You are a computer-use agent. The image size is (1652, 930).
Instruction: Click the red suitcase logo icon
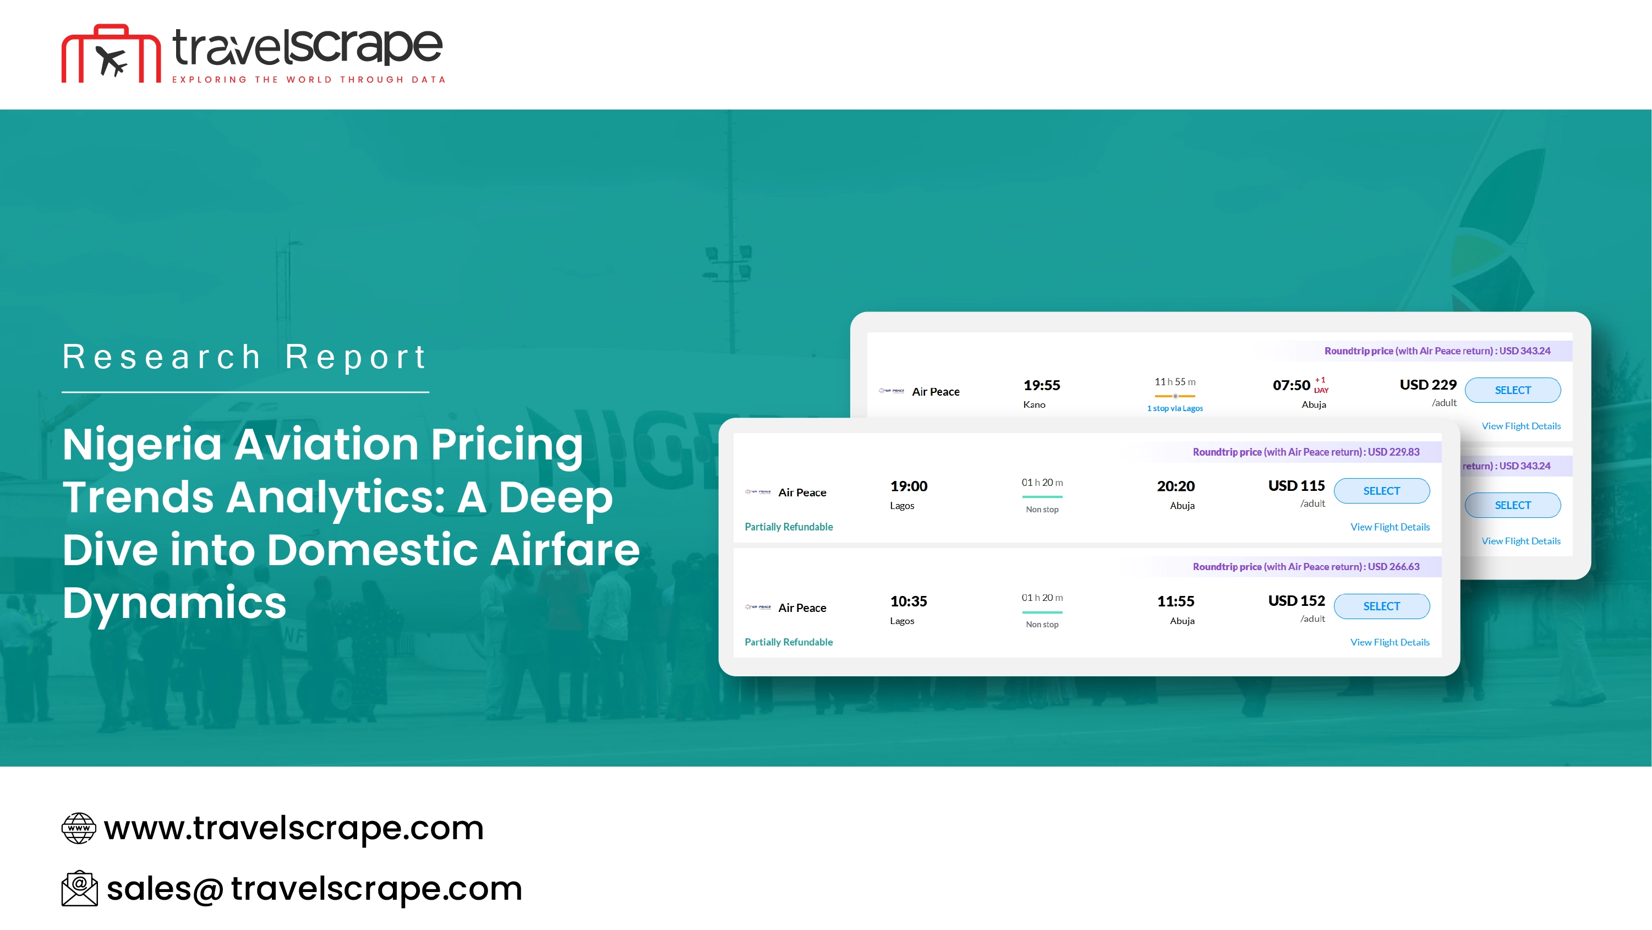pyautogui.click(x=111, y=54)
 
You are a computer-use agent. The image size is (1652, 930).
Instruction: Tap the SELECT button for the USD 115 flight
pyautogui.click(x=1381, y=491)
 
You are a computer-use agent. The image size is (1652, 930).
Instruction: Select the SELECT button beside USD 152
pyautogui.click(x=1381, y=606)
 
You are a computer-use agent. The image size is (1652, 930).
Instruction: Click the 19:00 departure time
pyautogui.click(x=909, y=486)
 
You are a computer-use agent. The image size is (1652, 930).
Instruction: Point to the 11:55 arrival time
pyautogui.click(x=1175, y=601)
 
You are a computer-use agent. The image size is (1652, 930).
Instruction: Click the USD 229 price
pyautogui.click(x=1427, y=385)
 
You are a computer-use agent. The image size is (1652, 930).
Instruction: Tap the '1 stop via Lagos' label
pyautogui.click(x=1175, y=408)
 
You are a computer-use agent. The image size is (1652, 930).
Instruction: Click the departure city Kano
pyautogui.click(x=1034, y=404)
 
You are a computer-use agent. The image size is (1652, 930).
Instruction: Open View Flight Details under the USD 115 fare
pyautogui.click(x=1390, y=527)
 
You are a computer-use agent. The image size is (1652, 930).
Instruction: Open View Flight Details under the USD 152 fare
pyautogui.click(x=1390, y=642)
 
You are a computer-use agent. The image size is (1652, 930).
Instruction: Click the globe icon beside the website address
pyautogui.click(x=79, y=828)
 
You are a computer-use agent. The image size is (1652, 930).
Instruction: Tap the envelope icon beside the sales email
pyautogui.click(x=80, y=888)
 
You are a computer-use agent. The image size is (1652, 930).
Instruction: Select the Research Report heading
pyautogui.click(x=244, y=357)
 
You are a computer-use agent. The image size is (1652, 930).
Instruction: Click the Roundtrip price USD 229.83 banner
pyautogui.click(x=1306, y=452)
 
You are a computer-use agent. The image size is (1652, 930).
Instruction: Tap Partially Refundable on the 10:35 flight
pyautogui.click(x=788, y=642)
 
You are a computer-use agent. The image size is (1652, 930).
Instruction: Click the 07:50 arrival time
pyautogui.click(x=1291, y=385)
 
